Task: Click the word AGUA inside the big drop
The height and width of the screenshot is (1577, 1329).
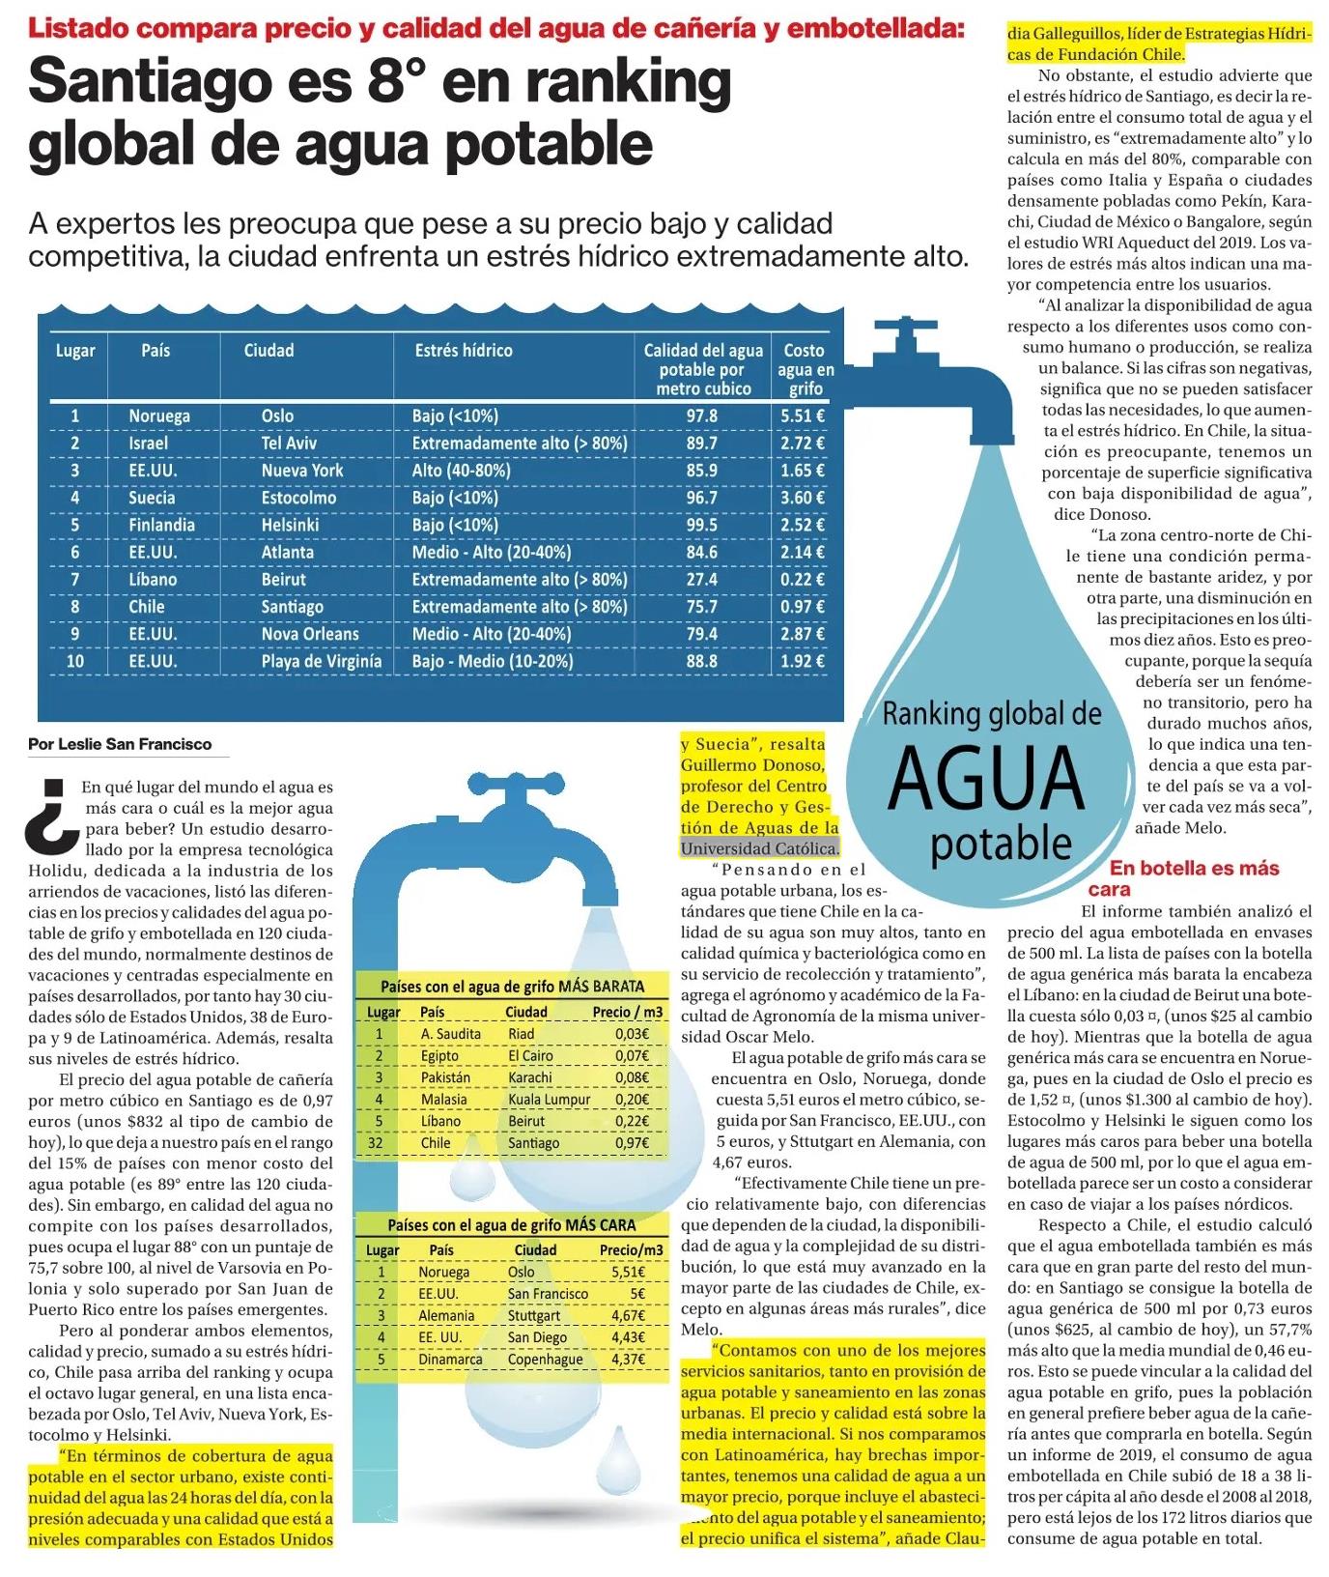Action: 986,779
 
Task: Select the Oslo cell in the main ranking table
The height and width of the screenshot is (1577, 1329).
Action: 277,416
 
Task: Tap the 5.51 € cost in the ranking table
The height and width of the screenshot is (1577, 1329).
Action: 803,416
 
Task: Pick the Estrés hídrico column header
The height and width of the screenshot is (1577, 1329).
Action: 464,351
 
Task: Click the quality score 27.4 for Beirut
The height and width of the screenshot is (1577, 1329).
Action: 701,580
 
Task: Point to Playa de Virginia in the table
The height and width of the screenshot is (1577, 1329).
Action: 321,662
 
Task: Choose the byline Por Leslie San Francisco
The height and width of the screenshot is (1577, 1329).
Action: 120,744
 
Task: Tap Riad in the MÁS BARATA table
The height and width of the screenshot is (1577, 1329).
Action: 521,1033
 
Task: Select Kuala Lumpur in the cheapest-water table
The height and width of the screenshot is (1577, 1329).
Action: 549,1099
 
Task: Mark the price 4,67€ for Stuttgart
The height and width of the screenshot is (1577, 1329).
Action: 628,1315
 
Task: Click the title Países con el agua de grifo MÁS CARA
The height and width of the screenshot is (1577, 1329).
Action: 511,1225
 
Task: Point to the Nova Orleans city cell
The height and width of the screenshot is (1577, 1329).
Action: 309,635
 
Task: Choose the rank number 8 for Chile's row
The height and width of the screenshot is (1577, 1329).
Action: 74,607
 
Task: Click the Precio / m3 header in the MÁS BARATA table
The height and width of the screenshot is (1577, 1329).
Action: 627,1012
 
